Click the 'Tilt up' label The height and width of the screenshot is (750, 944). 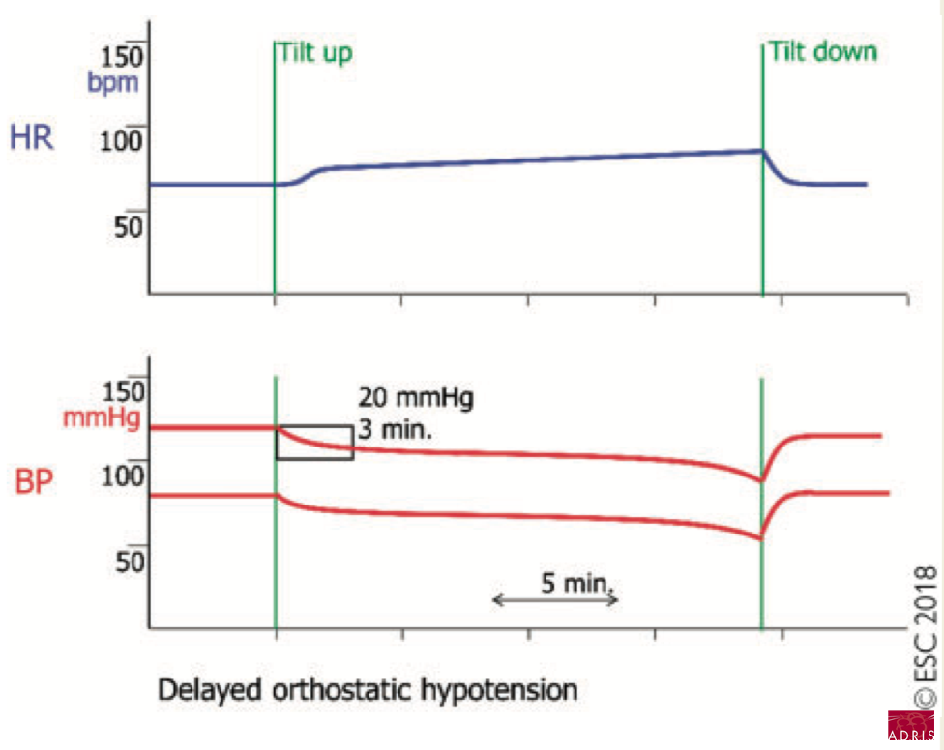click(315, 52)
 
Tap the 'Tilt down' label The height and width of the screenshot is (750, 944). click(821, 52)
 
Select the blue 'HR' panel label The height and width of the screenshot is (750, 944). click(31, 137)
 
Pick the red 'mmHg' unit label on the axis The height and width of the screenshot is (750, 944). click(101, 418)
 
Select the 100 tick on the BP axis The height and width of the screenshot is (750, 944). click(126, 476)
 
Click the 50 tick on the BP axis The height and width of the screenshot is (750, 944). click(131, 561)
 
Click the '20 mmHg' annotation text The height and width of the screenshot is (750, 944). click(414, 398)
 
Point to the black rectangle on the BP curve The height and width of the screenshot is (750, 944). click(314, 443)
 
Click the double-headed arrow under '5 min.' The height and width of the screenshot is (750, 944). click(555, 601)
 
